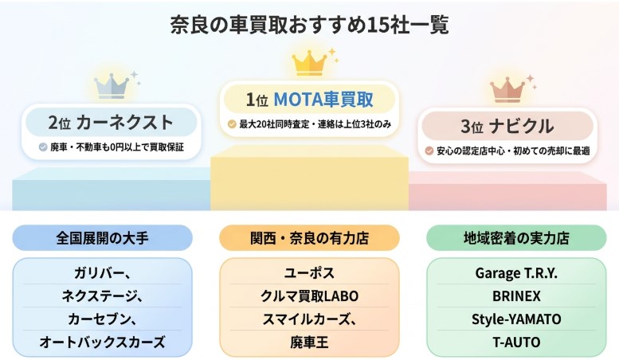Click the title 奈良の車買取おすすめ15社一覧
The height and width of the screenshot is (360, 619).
[x=309, y=25]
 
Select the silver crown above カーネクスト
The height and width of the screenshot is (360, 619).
[x=112, y=84]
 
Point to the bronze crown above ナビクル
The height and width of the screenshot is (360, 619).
[x=507, y=88]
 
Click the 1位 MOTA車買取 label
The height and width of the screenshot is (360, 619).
[x=309, y=100]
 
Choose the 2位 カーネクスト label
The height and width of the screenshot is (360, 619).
[x=111, y=123]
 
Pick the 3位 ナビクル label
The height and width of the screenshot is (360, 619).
[x=507, y=126]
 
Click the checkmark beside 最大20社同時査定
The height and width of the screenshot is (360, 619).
[x=232, y=124]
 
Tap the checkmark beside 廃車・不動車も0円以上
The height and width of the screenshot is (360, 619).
[x=43, y=147]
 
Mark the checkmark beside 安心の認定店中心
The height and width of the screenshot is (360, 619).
[x=429, y=151]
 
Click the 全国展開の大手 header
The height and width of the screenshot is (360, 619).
[x=103, y=237]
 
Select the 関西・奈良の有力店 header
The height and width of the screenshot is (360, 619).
[x=309, y=237]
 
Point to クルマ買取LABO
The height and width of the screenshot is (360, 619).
[x=309, y=296]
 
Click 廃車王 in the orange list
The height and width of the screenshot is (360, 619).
[x=309, y=342]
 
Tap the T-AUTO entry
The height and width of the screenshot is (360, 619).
[x=516, y=342]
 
